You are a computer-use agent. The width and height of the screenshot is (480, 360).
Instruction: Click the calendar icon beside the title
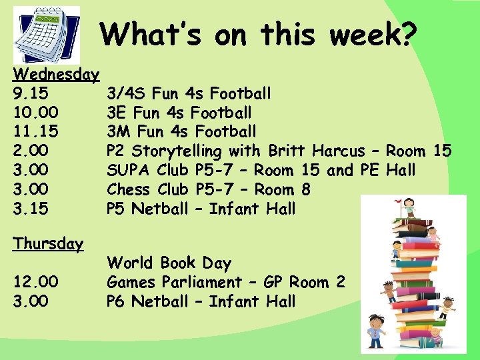(47, 35)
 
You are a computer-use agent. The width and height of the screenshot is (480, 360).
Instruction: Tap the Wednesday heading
(56, 73)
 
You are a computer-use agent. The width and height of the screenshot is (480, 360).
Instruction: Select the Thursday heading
(48, 244)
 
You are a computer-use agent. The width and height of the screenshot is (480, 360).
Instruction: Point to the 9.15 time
(31, 93)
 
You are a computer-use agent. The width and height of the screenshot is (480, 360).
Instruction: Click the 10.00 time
(35, 112)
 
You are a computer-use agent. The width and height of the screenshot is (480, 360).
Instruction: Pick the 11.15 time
(35, 131)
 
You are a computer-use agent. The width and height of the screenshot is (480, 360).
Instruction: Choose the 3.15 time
(31, 209)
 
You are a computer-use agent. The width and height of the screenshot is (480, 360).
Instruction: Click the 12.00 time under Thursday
(35, 282)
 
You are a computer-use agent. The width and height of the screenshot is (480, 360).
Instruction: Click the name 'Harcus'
(338, 151)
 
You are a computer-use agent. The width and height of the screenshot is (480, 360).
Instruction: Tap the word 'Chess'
(129, 189)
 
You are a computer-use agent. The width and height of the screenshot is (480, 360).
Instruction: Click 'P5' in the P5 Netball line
(117, 209)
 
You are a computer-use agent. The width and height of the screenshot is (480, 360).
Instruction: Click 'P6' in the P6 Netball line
(117, 301)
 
